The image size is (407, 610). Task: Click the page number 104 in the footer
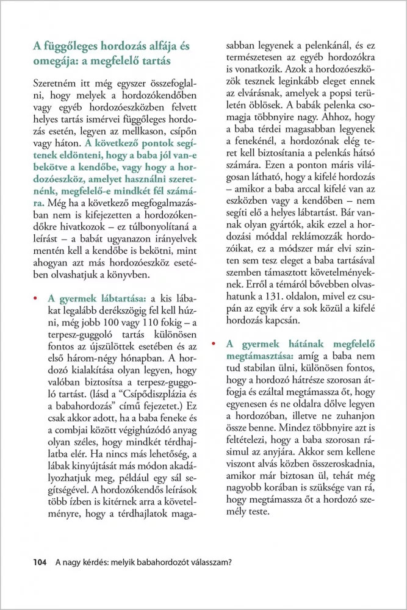(x=40, y=563)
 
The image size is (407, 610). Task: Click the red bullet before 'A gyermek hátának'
(x=214, y=343)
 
